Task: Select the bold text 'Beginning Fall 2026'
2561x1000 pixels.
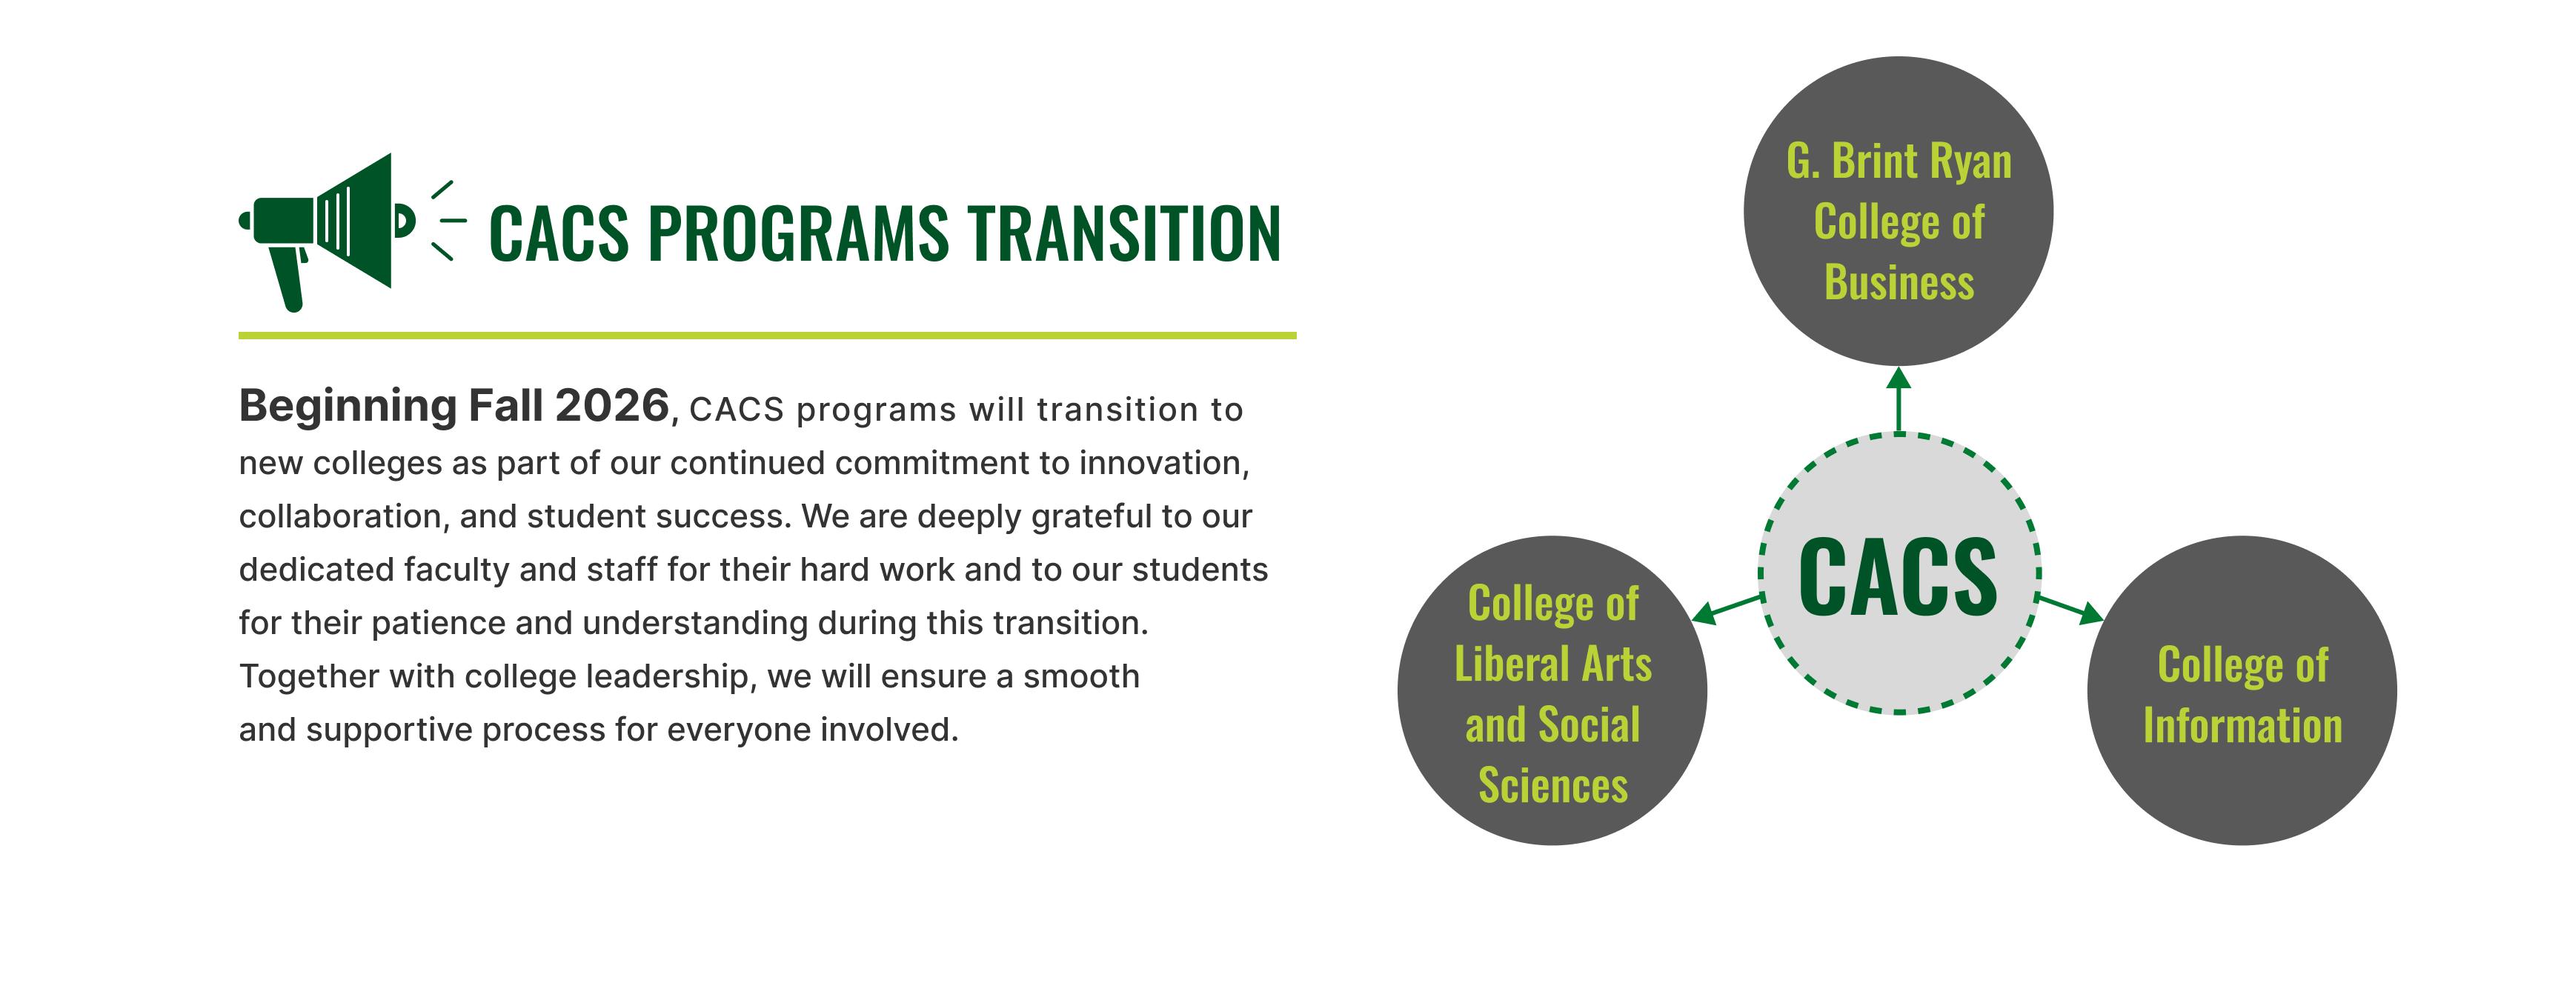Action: (454, 407)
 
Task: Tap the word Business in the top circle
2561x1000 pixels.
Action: (1899, 282)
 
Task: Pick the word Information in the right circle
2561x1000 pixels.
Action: (2242, 727)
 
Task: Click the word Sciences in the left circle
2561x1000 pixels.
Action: (1553, 785)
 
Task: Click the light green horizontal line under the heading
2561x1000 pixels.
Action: (766, 336)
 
